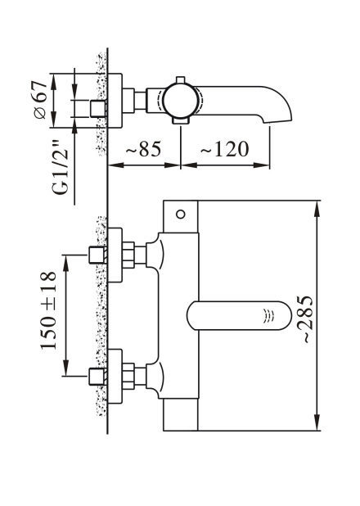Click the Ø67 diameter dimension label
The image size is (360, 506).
(41, 101)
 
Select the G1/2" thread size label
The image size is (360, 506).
(61, 167)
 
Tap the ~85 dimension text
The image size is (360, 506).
(143, 149)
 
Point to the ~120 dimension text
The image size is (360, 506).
(225, 149)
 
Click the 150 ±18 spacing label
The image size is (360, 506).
(48, 311)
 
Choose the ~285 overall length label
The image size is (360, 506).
(305, 319)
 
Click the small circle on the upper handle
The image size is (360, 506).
(181, 214)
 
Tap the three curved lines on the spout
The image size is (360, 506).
(268, 315)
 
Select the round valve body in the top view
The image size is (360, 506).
(179, 101)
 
